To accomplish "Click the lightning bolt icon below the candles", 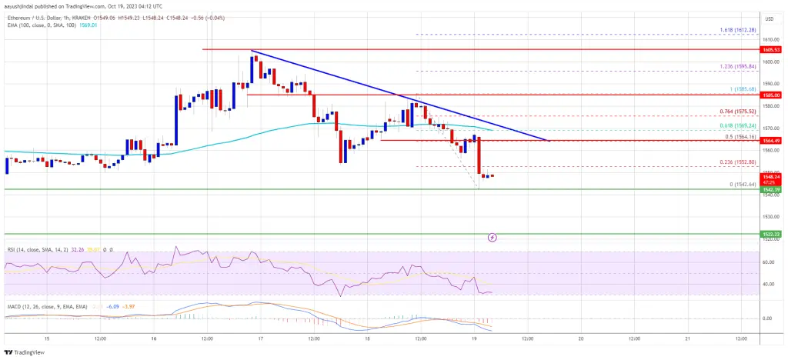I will click(x=492, y=238).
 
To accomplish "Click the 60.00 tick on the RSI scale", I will click(x=768, y=262).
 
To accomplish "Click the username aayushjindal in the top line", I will click(x=19, y=5).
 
